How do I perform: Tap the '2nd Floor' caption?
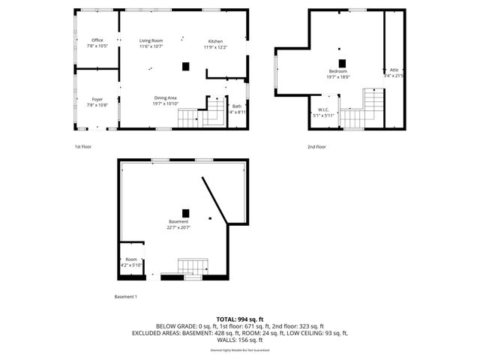(316, 146)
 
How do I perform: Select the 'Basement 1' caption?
(125, 297)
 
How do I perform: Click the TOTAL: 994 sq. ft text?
(240, 319)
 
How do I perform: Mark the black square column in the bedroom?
(342, 63)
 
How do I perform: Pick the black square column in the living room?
(185, 66)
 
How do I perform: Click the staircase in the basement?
(193, 266)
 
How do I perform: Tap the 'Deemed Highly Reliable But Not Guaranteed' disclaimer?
(240, 350)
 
